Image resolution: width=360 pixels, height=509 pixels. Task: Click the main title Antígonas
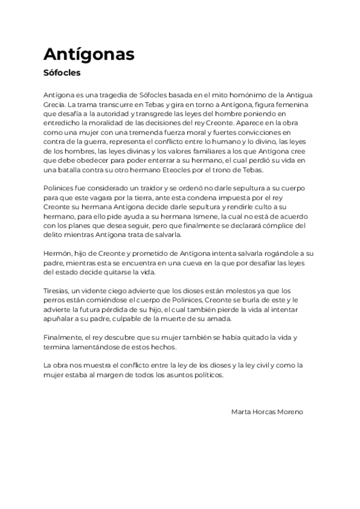[x=89, y=55]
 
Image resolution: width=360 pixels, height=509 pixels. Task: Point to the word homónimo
[x=240, y=96]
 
